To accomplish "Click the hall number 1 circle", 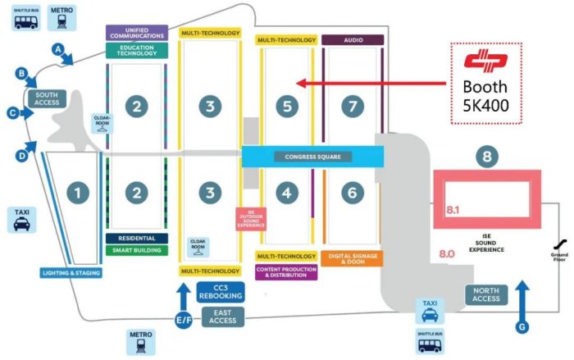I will (x=78, y=193).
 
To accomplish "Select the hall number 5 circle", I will (x=285, y=106).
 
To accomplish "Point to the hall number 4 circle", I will (x=285, y=193).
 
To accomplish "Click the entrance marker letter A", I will (x=58, y=48).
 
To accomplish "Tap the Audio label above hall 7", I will (x=353, y=39).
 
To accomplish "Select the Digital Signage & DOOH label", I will (x=353, y=259).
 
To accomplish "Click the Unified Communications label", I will (x=138, y=33).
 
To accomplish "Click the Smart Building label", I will (x=138, y=250).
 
